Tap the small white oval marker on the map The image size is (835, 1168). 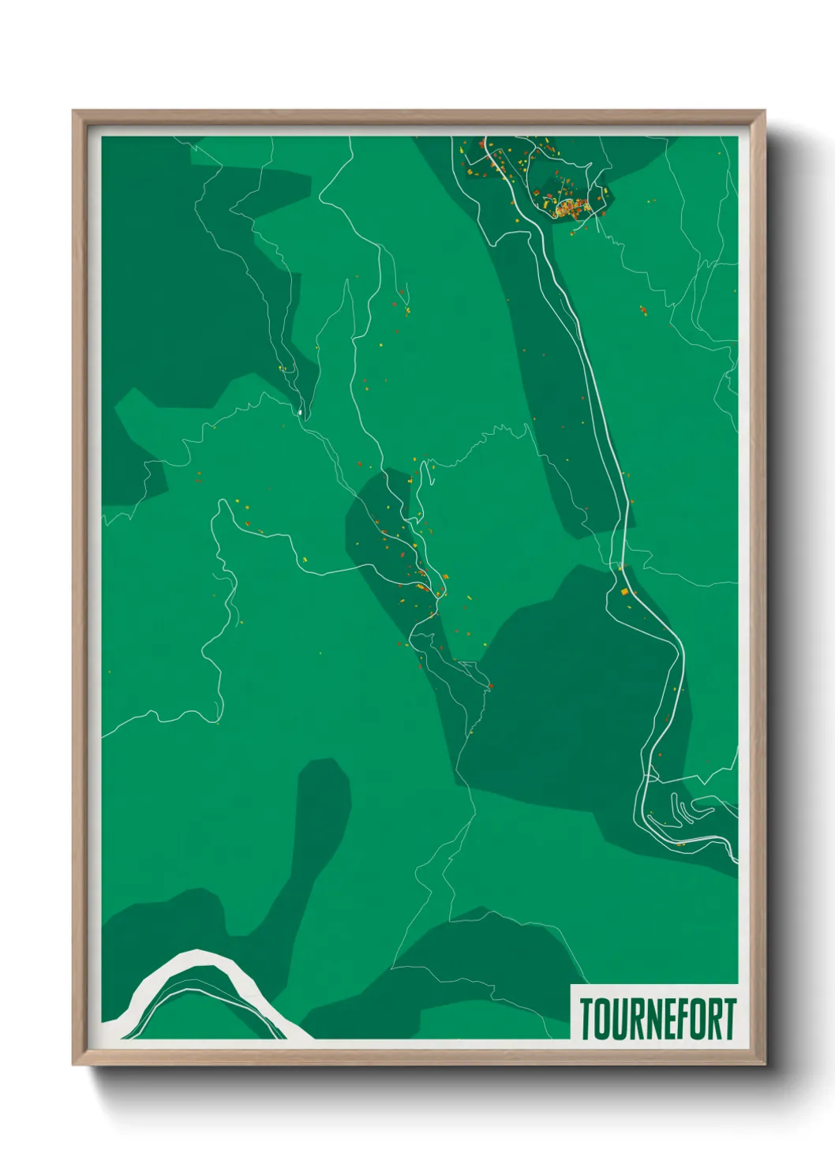(300, 411)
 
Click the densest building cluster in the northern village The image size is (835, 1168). (570, 209)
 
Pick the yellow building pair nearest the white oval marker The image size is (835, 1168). (282, 368)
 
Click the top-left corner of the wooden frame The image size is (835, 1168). (73, 111)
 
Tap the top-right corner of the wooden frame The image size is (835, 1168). (764, 111)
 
